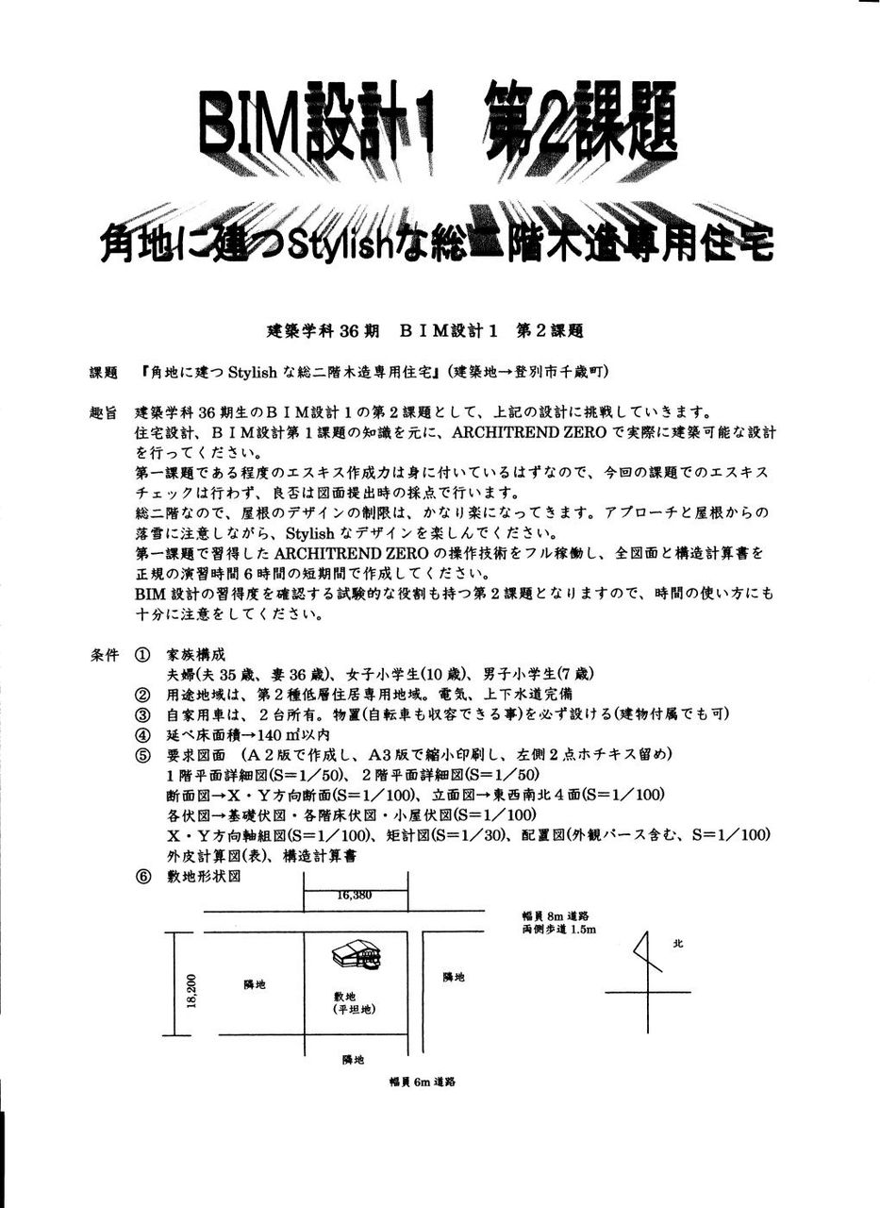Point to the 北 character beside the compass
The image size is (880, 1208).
(x=677, y=942)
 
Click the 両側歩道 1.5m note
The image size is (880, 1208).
(x=558, y=929)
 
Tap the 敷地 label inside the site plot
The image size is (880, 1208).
(x=344, y=996)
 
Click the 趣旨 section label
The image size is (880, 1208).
(x=103, y=412)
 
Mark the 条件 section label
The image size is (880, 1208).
(x=103, y=655)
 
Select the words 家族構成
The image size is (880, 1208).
(x=195, y=655)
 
